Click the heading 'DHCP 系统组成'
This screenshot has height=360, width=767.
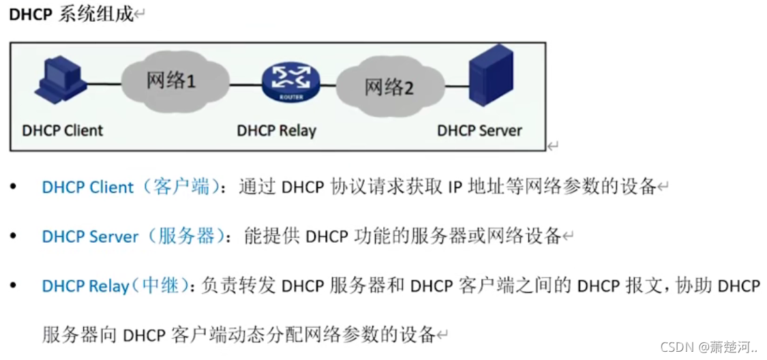pos(71,15)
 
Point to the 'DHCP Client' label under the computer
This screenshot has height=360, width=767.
pos(63,130)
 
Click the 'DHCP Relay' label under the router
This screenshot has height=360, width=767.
pos(277,130)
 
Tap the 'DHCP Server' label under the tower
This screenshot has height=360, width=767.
pos(479,130)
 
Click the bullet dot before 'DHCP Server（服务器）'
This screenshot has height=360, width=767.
pos(14,237)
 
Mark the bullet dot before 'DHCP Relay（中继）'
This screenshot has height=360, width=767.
pos(14,286)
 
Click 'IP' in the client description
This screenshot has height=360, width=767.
pos(455,187)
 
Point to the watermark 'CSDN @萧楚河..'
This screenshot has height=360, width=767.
pos(709,347)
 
